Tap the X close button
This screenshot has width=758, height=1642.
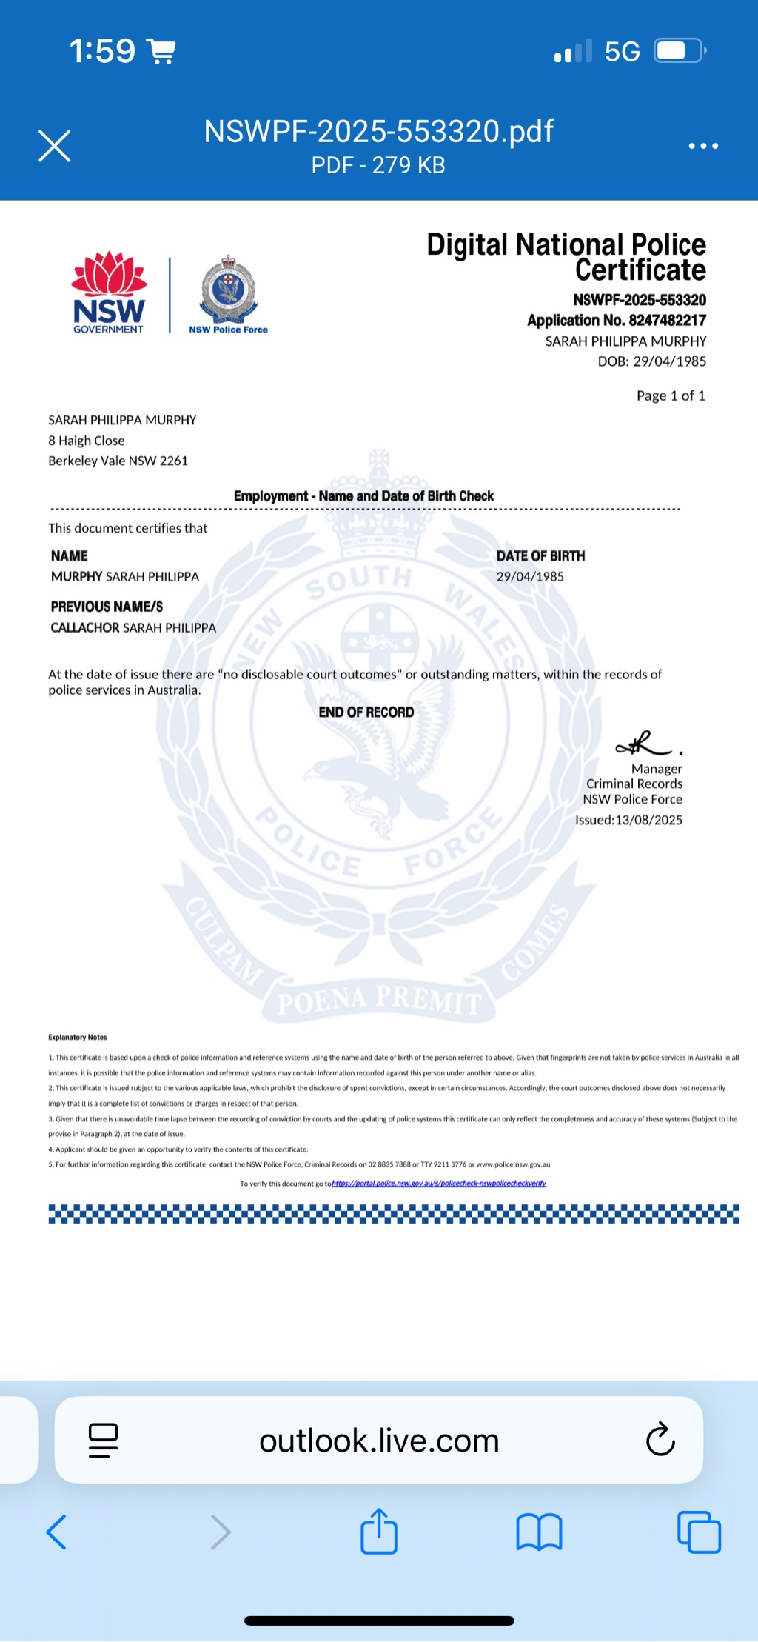pos(54,146)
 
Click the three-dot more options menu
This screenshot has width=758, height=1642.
pos(702,146)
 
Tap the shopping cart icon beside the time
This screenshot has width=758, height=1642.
pos(161,51)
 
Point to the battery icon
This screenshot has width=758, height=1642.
pos(679,51)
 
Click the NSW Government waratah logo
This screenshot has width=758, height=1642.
pos(109,293)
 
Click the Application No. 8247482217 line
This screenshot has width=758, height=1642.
pos(616,320)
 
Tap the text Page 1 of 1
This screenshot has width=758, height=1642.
pos(670,396)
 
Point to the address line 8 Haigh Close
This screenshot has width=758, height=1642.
pos(87,441)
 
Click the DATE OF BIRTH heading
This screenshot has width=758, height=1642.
pos(540,555)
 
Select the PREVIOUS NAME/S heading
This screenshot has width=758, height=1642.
pos(107,607)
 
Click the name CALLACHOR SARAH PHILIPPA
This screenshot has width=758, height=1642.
pos(133,627)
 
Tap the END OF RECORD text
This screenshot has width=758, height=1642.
pos(366,712)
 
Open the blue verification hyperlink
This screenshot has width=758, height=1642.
pos(438,1184)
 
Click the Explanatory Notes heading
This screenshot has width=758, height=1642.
pos(77,1037)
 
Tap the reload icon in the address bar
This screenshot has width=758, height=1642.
pos(660,1440)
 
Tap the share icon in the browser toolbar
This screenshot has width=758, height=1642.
pos(379,1531)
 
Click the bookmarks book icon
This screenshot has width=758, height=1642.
pos(539,1532)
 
